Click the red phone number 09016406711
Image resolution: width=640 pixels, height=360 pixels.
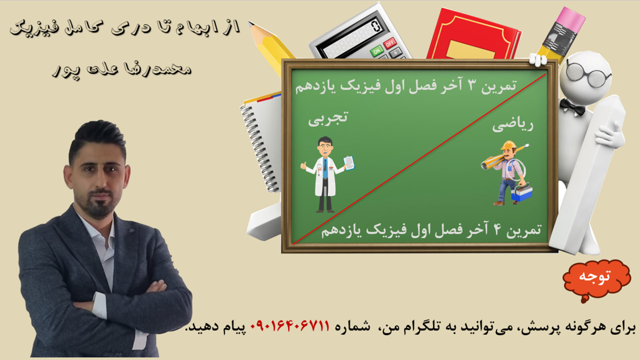tap(290, 326)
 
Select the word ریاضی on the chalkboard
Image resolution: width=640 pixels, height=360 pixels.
tap(513, 125)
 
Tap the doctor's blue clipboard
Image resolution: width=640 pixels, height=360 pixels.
tap(349, 163)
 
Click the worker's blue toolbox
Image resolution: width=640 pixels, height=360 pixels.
tap(522, 193)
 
